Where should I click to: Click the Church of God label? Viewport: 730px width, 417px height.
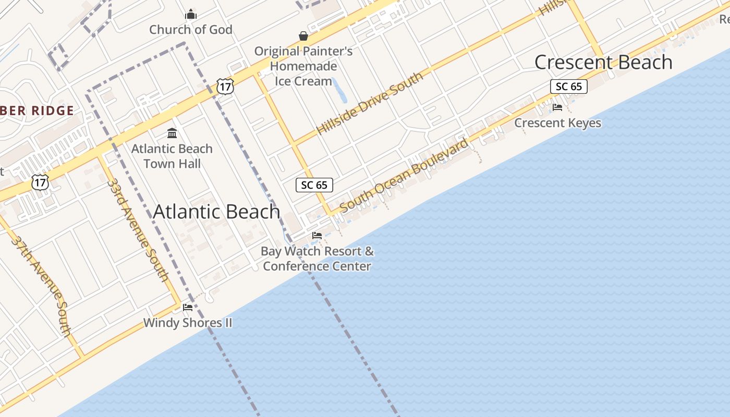190,30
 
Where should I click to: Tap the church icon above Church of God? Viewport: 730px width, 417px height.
191,14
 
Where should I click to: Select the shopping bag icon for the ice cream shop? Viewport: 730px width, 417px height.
303,35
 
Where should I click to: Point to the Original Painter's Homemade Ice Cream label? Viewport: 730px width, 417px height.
303,66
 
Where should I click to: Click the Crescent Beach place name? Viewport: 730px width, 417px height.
603,63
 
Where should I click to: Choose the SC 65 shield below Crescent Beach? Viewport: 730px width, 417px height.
568,87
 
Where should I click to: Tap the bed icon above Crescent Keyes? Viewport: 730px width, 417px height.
557,107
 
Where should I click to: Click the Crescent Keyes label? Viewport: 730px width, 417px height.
557,123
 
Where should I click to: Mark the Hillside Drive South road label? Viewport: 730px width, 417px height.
370,103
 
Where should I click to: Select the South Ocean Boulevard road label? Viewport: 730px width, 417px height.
405,175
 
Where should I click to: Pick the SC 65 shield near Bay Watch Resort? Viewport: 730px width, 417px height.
314,185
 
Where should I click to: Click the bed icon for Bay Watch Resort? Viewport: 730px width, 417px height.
317,236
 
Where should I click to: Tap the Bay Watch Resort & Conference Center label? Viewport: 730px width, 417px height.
317,259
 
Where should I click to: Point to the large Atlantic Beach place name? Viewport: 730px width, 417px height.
216,212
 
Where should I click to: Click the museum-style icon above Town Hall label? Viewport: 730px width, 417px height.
172,133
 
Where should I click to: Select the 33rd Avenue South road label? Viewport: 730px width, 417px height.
138,229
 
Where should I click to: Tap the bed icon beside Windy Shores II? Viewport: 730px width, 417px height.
188,308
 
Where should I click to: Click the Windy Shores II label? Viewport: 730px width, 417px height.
188,323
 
